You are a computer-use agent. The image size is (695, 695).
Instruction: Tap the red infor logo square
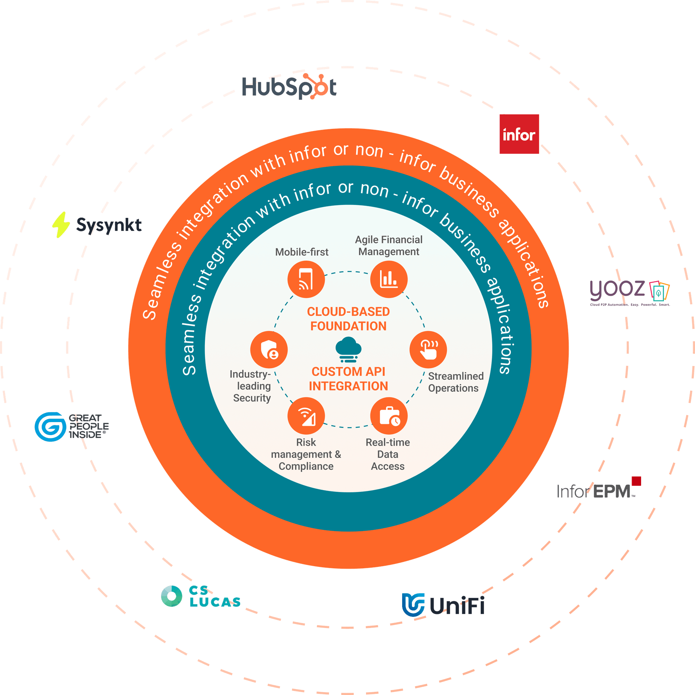click(519, 134)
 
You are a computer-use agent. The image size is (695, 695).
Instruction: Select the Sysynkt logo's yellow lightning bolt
click(61, 225)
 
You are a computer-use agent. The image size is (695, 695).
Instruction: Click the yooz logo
click(629, 292)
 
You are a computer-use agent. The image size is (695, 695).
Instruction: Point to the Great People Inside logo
click(72, 426)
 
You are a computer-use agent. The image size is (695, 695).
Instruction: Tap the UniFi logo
click(443, 605)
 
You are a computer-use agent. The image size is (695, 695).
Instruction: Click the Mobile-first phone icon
click(306, 279)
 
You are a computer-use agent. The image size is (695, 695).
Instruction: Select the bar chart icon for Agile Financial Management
click(389, 279)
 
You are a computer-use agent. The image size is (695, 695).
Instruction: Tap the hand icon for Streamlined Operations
click(428, 350)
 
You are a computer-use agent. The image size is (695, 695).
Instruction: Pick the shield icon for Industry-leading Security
click(269, 350)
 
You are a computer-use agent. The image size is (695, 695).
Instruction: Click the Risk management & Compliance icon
click(306, 416)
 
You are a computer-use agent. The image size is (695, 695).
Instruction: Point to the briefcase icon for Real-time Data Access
click(389, 416)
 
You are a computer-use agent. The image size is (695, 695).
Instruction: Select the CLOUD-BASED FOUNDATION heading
click(348, 319)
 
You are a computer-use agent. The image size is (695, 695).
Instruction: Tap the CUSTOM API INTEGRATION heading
click(348, 379)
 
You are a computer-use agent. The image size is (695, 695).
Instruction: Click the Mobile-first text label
click(302, 252)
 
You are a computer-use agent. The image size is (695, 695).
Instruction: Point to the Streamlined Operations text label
click(455, 382)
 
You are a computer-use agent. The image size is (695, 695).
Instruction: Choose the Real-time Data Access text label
click(388, 454)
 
